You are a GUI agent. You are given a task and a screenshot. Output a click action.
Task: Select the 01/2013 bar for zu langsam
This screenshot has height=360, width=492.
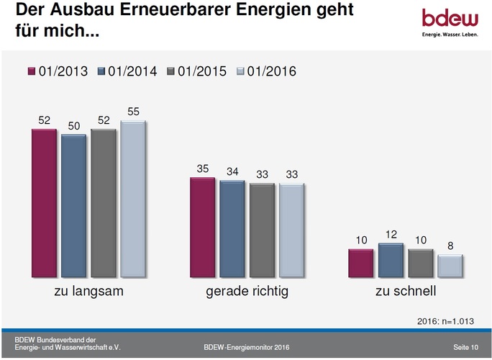coord(44,203)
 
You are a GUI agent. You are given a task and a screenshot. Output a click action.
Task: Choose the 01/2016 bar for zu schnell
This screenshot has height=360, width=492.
coord(450,265)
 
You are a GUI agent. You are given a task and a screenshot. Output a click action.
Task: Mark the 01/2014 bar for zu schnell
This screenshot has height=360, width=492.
coord(390,260)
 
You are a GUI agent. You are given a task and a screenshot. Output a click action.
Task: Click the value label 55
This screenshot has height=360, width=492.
coord(133,112)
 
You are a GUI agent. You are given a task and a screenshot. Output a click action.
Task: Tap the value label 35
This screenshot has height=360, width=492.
coord(202,168)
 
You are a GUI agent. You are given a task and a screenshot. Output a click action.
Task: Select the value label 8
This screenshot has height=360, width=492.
coord(450,246)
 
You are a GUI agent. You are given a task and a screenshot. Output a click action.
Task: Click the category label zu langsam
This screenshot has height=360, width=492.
coord(88,292)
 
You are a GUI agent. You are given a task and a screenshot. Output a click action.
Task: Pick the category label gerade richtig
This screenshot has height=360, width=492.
coord(247,292)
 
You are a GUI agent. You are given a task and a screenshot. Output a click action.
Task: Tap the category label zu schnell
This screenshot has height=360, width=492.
coord(405,292)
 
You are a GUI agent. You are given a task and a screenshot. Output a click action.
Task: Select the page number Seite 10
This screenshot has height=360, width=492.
coord(465,348)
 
